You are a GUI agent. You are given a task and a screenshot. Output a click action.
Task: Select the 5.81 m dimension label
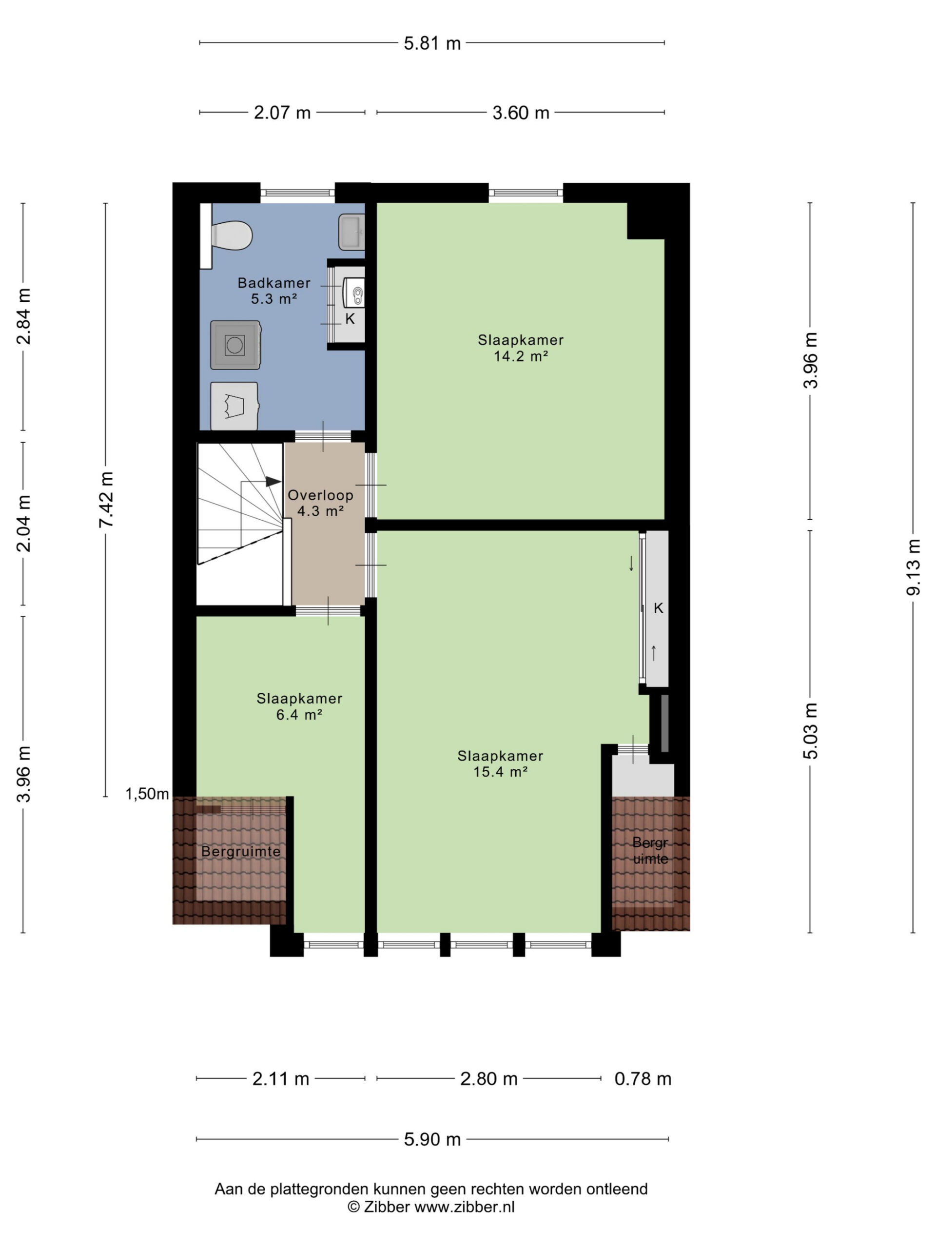point(432,43)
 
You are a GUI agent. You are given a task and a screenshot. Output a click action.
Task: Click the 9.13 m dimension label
point(914,567)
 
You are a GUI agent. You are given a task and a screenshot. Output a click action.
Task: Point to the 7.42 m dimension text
point(106,500)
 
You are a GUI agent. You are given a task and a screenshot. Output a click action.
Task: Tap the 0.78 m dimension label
point(643,1079)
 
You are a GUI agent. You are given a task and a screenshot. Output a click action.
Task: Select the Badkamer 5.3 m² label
point(273,291)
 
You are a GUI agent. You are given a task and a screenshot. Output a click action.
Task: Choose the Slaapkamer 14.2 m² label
point(520,348)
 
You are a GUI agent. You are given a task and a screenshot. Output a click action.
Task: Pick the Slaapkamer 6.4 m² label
point(299,706)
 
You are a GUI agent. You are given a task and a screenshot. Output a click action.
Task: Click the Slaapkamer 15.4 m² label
point(500,764)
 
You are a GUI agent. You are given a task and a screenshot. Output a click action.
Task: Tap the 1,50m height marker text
point(147,794)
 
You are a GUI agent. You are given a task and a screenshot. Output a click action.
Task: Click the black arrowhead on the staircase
point(273,481)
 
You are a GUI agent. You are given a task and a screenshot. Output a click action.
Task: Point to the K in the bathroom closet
point(350,319)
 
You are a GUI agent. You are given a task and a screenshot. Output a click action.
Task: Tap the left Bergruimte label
point(241,851)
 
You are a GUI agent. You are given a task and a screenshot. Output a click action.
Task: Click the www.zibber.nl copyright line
point(431,1207)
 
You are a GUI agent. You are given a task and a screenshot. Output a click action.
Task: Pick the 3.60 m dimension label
point(521,113)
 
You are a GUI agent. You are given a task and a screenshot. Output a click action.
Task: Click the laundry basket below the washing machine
point(234,406)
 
